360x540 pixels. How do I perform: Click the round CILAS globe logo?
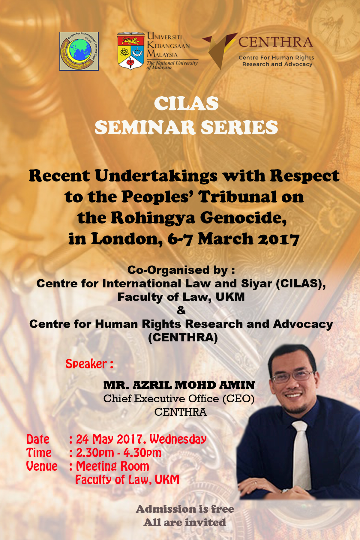(x=79, y=51)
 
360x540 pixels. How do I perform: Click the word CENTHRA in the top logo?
(x=276, y=42)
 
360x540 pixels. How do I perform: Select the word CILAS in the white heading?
(x=186, y=104)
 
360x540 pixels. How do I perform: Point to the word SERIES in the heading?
(x=239, y=127)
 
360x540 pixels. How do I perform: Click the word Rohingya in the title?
(x=153, y=218)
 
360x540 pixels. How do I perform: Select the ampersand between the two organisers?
(x=181, y=310)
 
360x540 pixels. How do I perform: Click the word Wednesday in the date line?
(x=178, y=439)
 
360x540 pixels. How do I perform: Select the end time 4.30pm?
(x=142, y=453)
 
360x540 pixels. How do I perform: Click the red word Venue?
(x=42, y=466)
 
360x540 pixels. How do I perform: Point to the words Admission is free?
(x=185, y=509)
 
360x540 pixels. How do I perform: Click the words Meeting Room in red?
(x=112, y=466)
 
